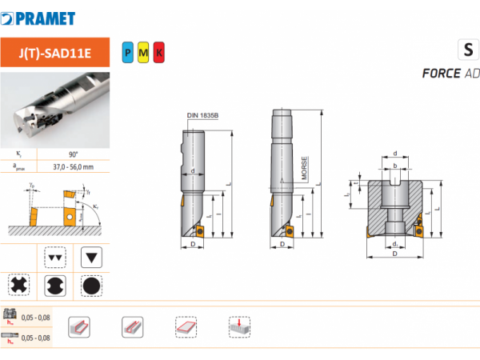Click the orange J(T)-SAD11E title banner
(x=54, y=53)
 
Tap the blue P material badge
(x=128, y=53)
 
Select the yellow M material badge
(x=143, y=53)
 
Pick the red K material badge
(x=158, y=53)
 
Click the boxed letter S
(x=466, y=50)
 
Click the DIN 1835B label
(x=202, y=115)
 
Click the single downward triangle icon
(x=92, y=258)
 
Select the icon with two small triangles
(x=55, y=258)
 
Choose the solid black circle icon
(x=92, y=286)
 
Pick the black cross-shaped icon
(x=18, y=286)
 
